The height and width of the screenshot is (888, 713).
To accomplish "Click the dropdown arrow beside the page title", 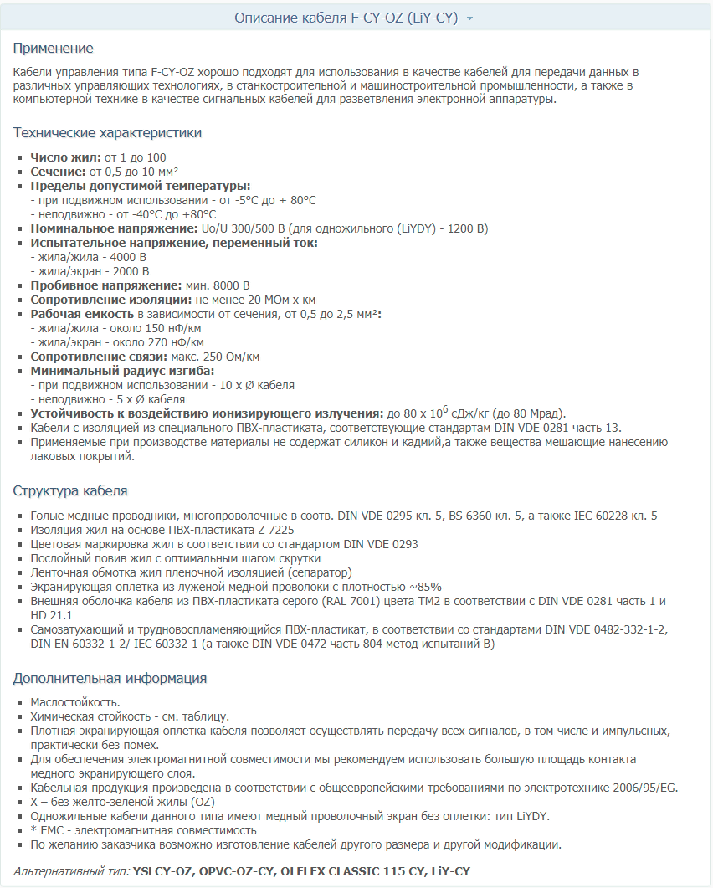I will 470,18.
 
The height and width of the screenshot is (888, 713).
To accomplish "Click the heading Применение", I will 54,48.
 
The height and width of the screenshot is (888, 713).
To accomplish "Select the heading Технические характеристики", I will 107,133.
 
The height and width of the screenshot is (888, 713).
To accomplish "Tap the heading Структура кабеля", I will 70,490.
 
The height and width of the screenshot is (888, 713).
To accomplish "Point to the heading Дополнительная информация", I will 110,678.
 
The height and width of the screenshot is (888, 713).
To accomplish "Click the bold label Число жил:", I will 65,157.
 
